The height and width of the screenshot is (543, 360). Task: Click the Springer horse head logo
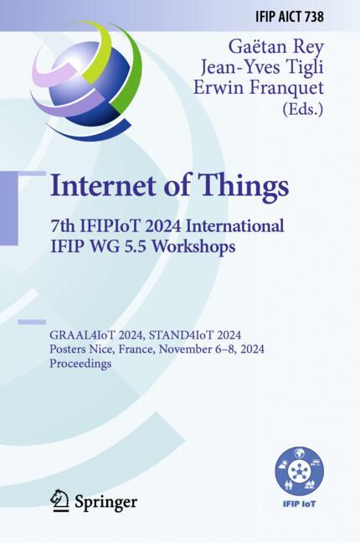tap(59, 500)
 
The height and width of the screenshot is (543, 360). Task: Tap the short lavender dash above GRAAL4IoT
tap(32, 322)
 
